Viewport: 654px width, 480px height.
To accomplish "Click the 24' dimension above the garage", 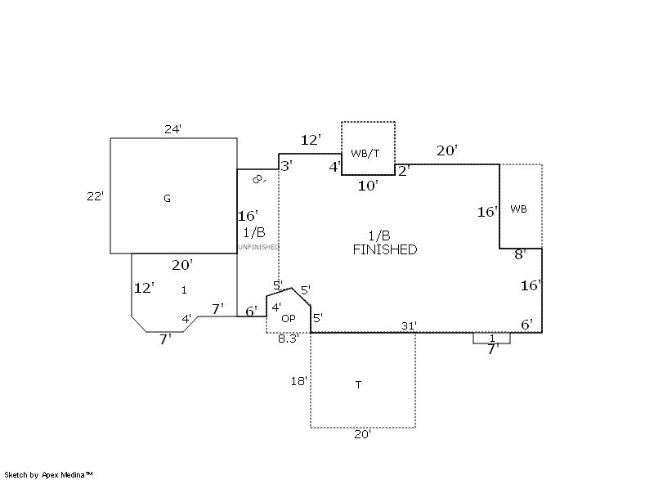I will [x=172, y=128].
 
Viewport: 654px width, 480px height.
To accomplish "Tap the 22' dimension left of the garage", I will [x=95, y=195].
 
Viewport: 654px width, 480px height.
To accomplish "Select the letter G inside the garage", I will [x=167, y=198].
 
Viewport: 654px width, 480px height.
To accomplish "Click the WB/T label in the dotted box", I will [x=365, y=153].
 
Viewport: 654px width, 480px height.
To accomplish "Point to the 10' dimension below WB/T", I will [x=368, y=186].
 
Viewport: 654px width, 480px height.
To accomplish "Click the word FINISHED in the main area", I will [x=384, y=249].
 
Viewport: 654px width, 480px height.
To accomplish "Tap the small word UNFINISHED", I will [x=258, y=247].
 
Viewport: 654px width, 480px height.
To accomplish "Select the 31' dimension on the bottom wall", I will [x=409, y=325].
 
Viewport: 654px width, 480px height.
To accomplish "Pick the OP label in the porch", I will [x=288, y=318].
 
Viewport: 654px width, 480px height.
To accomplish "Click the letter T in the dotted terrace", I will [x=358, y=384].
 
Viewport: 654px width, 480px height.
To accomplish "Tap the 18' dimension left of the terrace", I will [x=299, y=381].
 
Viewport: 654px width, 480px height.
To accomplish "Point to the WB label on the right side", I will [x=518, y=209].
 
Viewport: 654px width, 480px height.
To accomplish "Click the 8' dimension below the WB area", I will [x=519, y=255].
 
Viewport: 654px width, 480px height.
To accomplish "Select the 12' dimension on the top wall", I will [x=311, y=141].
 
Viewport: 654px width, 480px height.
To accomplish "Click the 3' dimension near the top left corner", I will [x=286, y=166].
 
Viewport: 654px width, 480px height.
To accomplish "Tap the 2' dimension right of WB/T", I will [x=404, y=170].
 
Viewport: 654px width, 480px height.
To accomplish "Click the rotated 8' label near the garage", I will [x=258, y=179].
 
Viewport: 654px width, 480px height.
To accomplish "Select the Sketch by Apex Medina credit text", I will [x=49, y=473].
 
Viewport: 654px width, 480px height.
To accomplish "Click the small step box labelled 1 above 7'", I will [x=492, y=338].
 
